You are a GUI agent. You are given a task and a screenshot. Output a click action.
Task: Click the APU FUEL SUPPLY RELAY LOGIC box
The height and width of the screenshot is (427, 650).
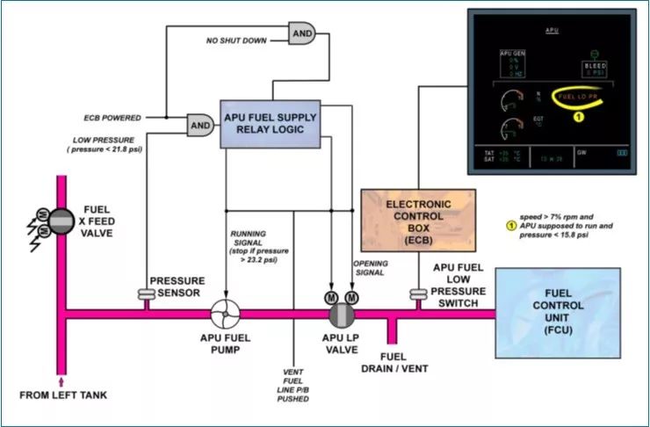click(271, 123)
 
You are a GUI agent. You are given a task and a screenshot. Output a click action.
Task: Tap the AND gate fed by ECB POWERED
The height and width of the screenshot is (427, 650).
click(201, 126)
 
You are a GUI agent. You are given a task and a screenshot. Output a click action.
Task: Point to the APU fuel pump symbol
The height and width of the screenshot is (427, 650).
click(225, 315)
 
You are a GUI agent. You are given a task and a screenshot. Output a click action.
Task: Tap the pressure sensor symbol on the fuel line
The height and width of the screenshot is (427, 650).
click(147, 293)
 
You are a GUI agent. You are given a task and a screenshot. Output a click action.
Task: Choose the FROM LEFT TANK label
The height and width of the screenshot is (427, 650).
click(63, 395)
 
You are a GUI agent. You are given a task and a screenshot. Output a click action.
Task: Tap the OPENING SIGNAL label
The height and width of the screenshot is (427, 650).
click(371, 268)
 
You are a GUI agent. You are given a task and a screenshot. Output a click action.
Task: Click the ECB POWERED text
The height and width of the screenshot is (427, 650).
click(112, 116)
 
